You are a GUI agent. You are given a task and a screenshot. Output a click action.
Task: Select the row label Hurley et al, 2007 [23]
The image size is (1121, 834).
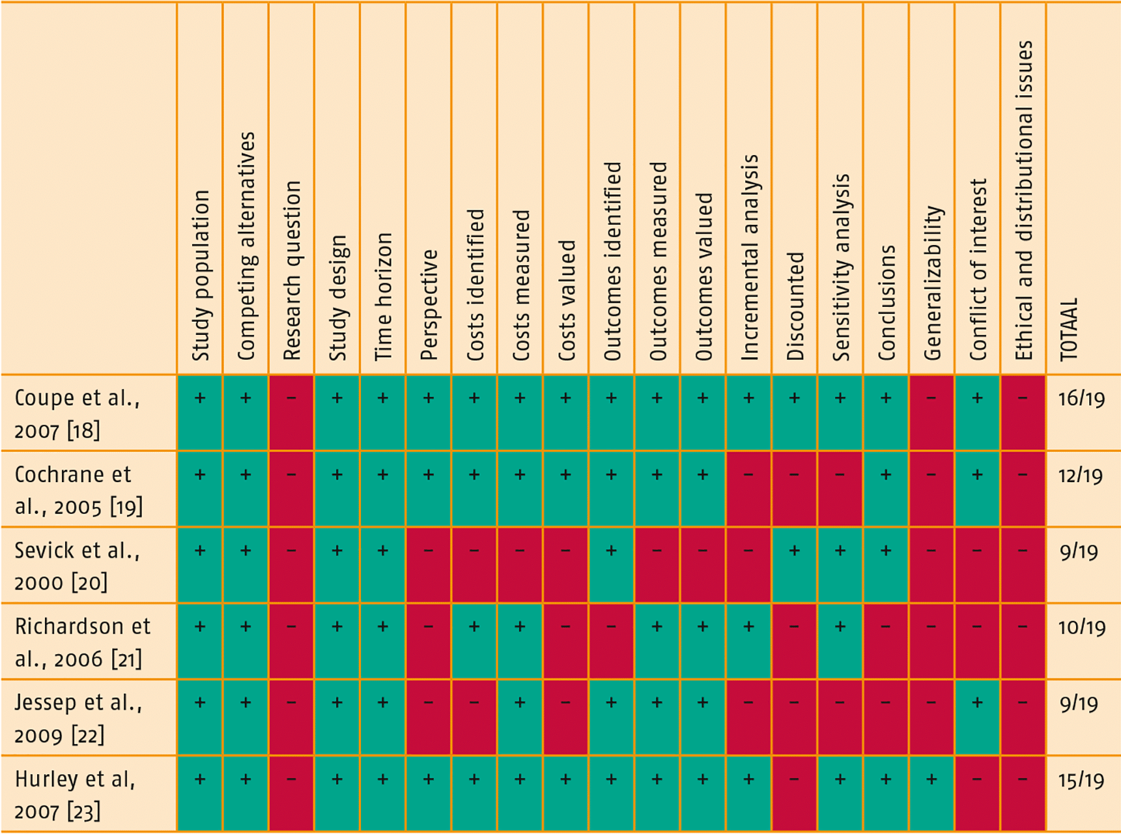coord(75,795)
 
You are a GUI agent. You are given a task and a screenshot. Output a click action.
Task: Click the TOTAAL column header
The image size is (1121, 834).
coord(1069,329)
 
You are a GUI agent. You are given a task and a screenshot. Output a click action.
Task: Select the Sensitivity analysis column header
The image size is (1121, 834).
coord(841,267)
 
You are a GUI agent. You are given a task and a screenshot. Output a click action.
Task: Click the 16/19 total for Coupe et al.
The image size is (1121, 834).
coord(1081,399)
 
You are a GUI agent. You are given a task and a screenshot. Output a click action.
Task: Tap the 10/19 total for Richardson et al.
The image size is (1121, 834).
coord(1081,627)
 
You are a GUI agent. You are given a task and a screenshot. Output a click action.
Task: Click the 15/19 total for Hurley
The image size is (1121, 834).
coord(1081,781)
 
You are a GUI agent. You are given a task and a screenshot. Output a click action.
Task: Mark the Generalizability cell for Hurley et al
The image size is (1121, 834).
coord(931,794)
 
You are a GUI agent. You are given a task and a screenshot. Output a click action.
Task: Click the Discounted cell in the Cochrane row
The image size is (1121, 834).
coord(794,489)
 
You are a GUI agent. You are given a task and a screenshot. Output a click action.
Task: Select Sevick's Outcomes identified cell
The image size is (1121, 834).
coord(611,565)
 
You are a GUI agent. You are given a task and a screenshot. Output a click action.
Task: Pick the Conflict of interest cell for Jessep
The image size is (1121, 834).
coord(977,717)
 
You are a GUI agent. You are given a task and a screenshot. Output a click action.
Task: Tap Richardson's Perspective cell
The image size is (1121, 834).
coord(428,641)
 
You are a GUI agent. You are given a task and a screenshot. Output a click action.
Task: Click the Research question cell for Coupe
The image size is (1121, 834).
coord(291,412)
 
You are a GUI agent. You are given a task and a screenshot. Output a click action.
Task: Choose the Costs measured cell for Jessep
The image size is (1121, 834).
coord(520,717)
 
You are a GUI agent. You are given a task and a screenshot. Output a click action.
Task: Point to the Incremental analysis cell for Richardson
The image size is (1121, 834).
coord(748,641)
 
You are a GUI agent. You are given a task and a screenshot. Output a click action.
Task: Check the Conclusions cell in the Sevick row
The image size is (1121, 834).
coord(886,565)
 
